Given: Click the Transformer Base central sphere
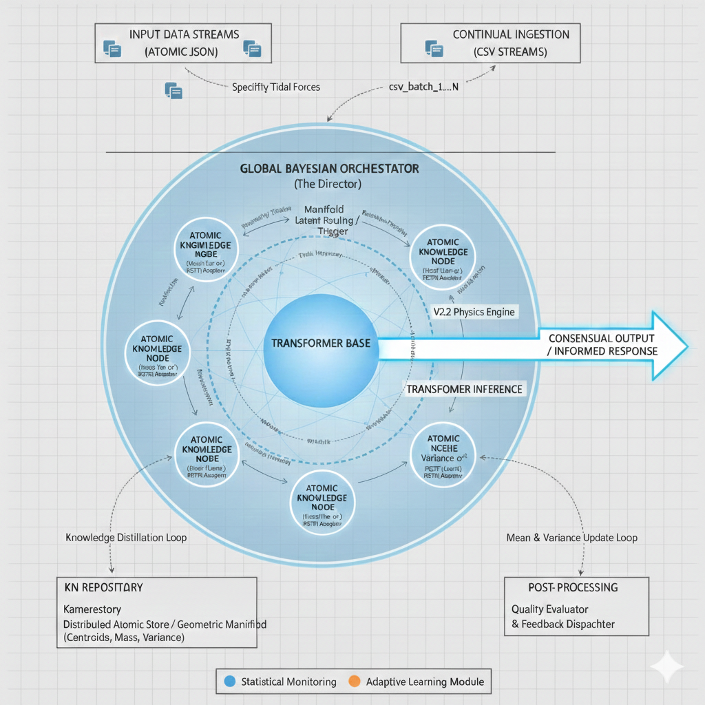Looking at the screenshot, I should (320, 342).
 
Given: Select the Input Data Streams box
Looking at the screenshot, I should (183, 43).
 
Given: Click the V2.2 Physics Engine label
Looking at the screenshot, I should (474, 311).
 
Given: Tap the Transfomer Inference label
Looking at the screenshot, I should (464, 389).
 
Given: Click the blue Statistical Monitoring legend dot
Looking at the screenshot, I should (230, 682).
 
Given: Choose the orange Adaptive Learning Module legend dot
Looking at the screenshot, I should (354, 682).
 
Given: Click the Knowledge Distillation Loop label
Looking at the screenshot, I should (125, 537).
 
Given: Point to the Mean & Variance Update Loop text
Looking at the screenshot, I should (571, 537).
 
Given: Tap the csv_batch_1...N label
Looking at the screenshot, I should (419, 87).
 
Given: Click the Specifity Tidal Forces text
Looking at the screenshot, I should (275, 87).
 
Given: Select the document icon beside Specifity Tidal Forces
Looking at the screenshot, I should (173, 90).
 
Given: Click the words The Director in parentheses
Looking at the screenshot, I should (327, 184).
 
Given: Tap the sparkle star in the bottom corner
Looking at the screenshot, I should (666, 666).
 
